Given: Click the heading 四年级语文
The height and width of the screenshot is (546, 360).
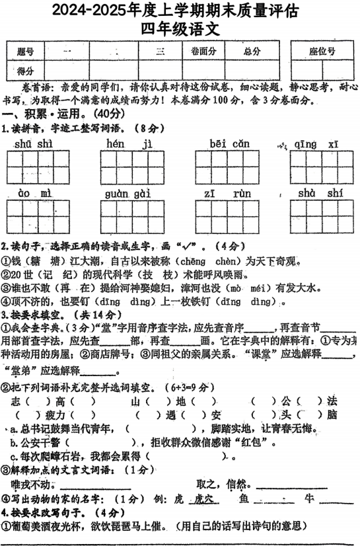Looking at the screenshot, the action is tap(180, 29).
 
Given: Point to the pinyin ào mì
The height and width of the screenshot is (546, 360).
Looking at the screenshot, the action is tap(34, 193).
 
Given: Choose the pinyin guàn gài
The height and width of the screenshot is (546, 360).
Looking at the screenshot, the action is tap(129, 193).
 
